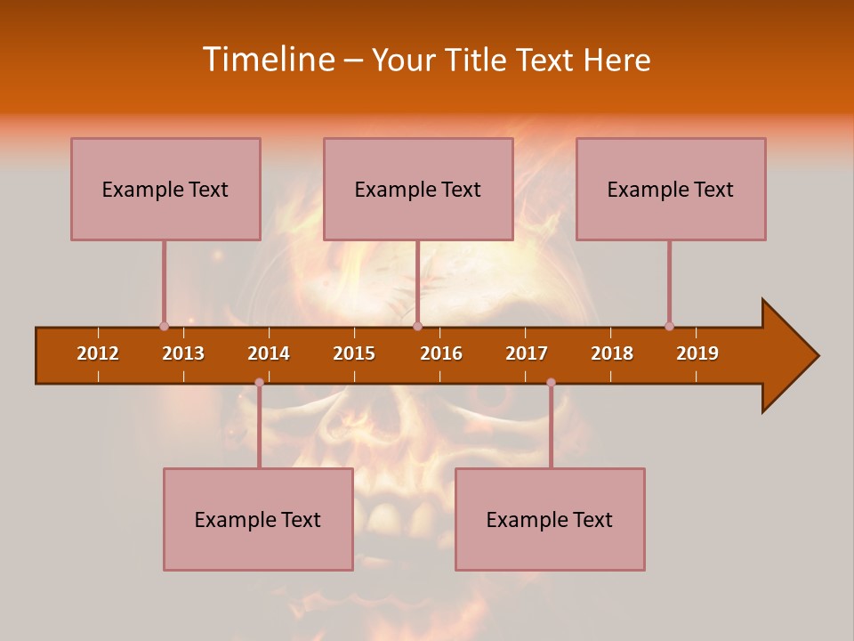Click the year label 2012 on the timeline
click(x=98, y=353)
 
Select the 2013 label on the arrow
click(x=183, y=353)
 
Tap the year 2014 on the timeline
click(x=269, y=353)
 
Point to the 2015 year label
click(x=354, y=353)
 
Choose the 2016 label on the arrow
click(x=441, y=353)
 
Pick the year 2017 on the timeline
click(x=527, y=353)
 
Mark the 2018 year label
click(x=612, y=353)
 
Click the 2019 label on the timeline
click(x=697, y=353)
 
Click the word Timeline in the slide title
click(x=268, y=60)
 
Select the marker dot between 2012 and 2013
click(x=164, y=326)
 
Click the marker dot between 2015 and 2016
click(x=417, y=326)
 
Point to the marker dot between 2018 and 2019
click(x=669, y=326)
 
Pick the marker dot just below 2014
click(x=259, y=383)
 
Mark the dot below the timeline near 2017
click(x=551, y=383)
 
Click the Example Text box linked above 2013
click(x=165, y=189)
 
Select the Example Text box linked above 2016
click(x=418, y=189)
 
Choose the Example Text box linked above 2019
click(x=671, y=189)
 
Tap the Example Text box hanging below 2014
click(x=258, y=519)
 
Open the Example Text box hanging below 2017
click(x=550, y=519)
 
